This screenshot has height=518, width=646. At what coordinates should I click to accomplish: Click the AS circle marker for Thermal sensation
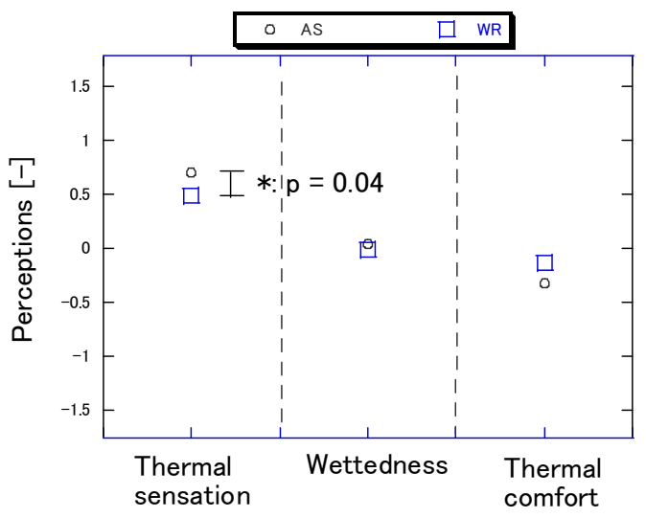pos(192,172)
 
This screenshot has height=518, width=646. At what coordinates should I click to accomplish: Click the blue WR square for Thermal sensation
pos(192,195)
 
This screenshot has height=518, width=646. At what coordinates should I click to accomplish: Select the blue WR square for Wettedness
pos(368,250)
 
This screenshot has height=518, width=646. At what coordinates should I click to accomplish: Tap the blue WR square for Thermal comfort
pos(544,263)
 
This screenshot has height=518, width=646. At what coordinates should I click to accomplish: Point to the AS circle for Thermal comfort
pos(544,283)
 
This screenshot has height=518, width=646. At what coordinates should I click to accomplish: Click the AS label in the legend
pos(311,30)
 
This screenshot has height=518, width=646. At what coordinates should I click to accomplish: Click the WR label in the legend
pos(489,30)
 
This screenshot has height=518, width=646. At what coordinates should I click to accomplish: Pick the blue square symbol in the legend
pos(447,30)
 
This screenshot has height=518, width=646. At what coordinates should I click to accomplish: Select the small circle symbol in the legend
pos(269,30)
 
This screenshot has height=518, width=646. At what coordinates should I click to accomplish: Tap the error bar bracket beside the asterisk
pos(231,184)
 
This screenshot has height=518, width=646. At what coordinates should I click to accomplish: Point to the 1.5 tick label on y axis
pos(80,86)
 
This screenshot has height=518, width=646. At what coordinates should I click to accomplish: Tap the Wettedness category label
pos(377,465)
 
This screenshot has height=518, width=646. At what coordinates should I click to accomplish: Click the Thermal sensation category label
pos(192,482)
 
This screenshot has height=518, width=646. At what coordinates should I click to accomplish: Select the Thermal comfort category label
pos(552,483)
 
